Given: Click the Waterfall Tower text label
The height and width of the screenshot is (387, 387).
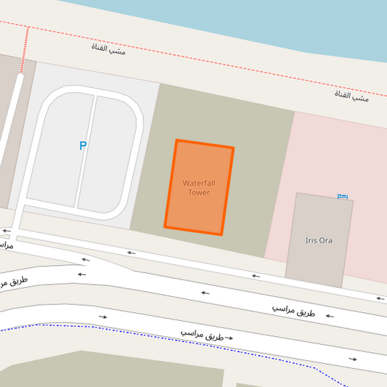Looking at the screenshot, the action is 199,187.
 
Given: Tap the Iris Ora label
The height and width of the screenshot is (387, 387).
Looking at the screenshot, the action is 319,240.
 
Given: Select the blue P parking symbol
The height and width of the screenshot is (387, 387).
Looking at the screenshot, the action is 83,146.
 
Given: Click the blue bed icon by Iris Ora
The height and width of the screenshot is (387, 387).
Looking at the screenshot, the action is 343,196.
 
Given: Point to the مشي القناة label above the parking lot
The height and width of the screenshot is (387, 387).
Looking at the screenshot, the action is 108,50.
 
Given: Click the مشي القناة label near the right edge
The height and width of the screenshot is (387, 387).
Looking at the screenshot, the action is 351,95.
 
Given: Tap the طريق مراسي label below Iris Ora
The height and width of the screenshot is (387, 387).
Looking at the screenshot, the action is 294,310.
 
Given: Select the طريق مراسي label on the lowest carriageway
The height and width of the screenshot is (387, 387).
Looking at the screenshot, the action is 203,335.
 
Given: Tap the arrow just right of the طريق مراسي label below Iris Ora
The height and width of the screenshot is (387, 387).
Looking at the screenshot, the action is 330,316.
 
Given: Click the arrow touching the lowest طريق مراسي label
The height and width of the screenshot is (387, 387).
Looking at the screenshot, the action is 229,338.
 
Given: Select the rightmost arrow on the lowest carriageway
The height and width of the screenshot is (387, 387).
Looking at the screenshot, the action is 352,359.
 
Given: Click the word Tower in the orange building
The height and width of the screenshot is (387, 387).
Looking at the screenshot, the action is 199,192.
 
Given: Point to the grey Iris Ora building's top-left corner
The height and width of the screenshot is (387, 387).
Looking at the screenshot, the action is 296,193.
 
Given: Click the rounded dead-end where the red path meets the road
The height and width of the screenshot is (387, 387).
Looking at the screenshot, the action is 20,75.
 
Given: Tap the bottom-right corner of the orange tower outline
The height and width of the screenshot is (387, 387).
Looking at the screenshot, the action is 221,235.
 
